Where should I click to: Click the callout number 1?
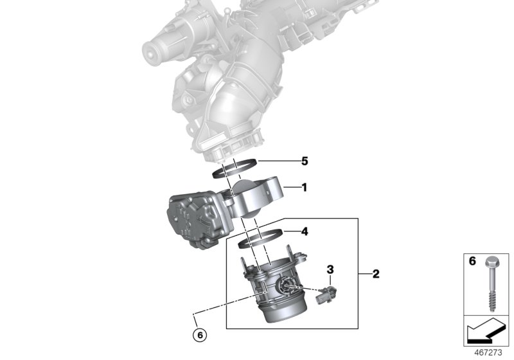tap(305, 188)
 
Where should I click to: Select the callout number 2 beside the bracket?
tap(376, 274)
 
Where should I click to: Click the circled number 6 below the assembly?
tap(199, 334)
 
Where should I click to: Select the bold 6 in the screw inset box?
tap(472, 263)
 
